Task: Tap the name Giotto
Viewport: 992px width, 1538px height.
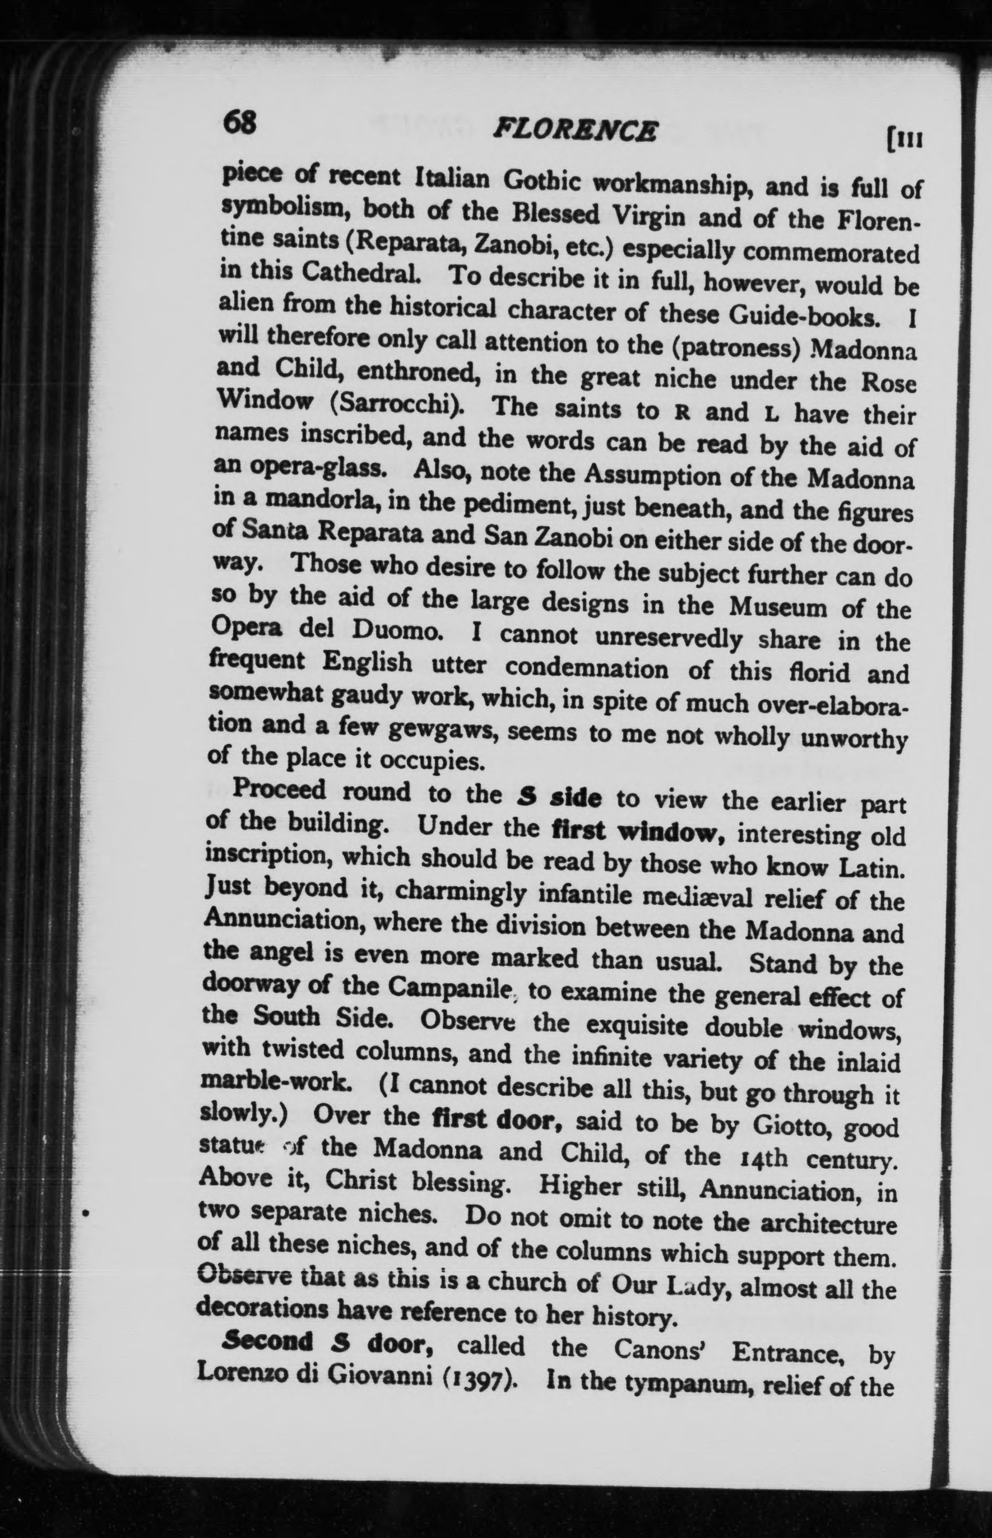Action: pyautogui.click(x=789, y=1126)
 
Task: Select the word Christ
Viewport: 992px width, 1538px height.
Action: pyautogui.click(x=365, y=1180)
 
